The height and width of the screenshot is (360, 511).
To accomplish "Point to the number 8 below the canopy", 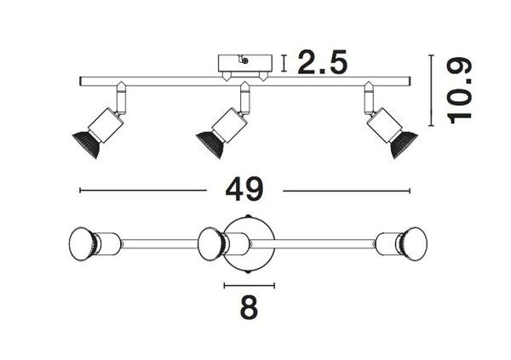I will pyautogui.click(x=249, y=306).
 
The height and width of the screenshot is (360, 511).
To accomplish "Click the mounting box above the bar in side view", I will pyautogui.click(x=243, y=64).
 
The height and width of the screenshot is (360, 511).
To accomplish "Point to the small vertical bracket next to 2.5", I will pyautogui.click(x=284, y=62).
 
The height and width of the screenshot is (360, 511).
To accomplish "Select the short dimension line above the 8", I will pyautogui.click(x=249, y=283).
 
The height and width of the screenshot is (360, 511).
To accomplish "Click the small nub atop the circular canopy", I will pyautogui.click(x=250, y=215).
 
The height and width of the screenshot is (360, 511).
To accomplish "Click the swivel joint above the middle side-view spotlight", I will pyautogui.click(x=246, y=99).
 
